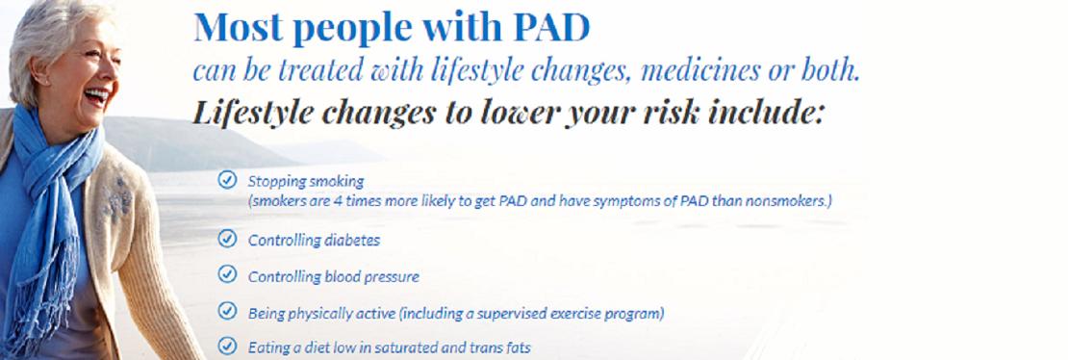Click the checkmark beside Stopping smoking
click(227, 180)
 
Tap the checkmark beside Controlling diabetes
click(227, 239)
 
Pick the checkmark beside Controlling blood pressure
click(227, 274)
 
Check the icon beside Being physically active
click(227, 311)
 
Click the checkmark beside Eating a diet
click(227, 346)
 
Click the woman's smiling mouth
click(97, 95)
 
